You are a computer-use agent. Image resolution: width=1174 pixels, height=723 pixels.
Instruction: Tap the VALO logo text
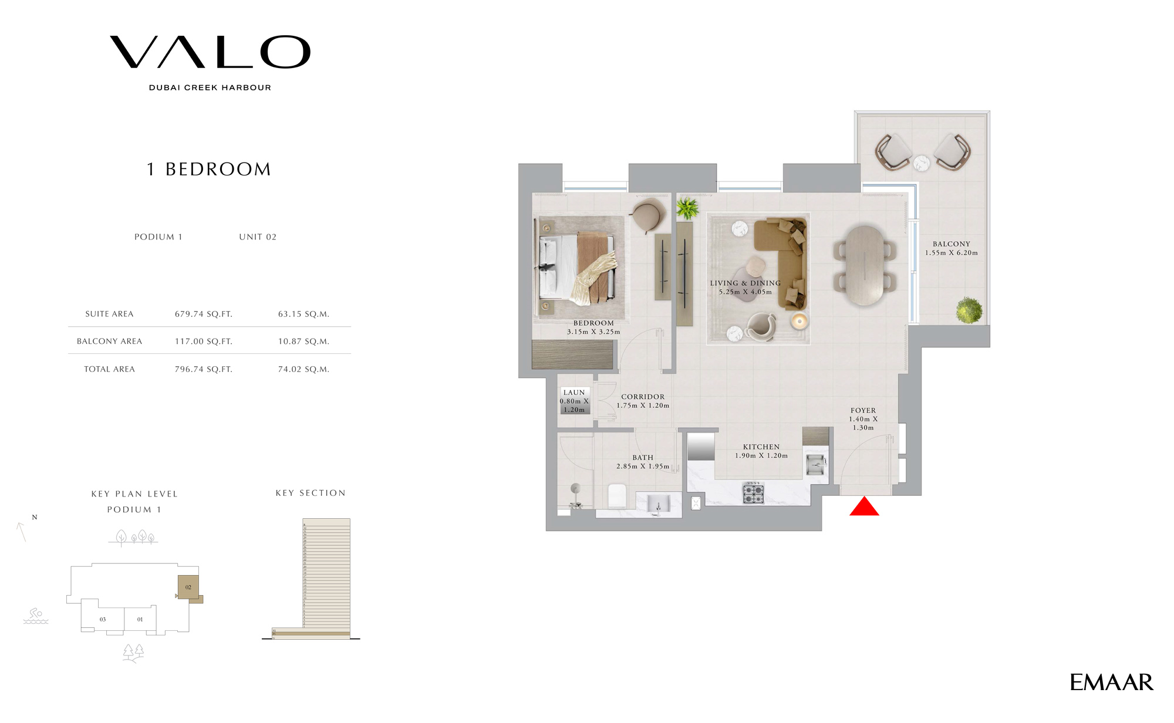point(210,52)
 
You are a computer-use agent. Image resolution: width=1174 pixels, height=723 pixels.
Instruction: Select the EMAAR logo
point(1111,683)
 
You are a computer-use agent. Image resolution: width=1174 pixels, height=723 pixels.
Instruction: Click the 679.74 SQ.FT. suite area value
point(203,314)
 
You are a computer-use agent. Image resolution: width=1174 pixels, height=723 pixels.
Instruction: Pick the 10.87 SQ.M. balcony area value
point(303,342)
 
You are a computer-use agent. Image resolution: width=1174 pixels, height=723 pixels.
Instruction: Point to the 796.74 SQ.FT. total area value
point(203,369)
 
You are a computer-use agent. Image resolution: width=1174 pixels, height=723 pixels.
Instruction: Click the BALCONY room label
point(951,244)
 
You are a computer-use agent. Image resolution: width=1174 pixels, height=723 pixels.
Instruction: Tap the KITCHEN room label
point(761,447)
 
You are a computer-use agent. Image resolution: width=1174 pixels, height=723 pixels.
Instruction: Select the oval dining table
point(864,265)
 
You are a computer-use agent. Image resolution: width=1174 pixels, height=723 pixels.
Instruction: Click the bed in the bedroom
point(577,266)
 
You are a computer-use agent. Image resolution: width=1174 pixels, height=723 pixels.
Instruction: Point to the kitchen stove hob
point(754,493)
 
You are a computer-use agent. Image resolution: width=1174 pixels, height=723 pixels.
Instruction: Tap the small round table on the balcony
point(922,163)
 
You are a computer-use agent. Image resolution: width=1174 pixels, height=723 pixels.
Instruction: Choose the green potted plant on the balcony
point(969,310)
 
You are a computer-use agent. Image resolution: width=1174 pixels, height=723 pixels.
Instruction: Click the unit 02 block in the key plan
point(188,587)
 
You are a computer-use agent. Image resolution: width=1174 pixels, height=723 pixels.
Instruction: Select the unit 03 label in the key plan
point(103,619)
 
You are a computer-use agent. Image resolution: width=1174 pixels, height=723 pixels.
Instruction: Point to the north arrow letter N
point(35,517)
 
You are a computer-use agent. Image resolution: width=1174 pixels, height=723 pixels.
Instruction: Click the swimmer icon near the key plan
point(36,616)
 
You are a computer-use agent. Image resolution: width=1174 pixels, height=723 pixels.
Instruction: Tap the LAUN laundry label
point(573,393)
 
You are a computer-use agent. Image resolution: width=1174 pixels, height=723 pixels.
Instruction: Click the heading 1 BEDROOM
point(209,170)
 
